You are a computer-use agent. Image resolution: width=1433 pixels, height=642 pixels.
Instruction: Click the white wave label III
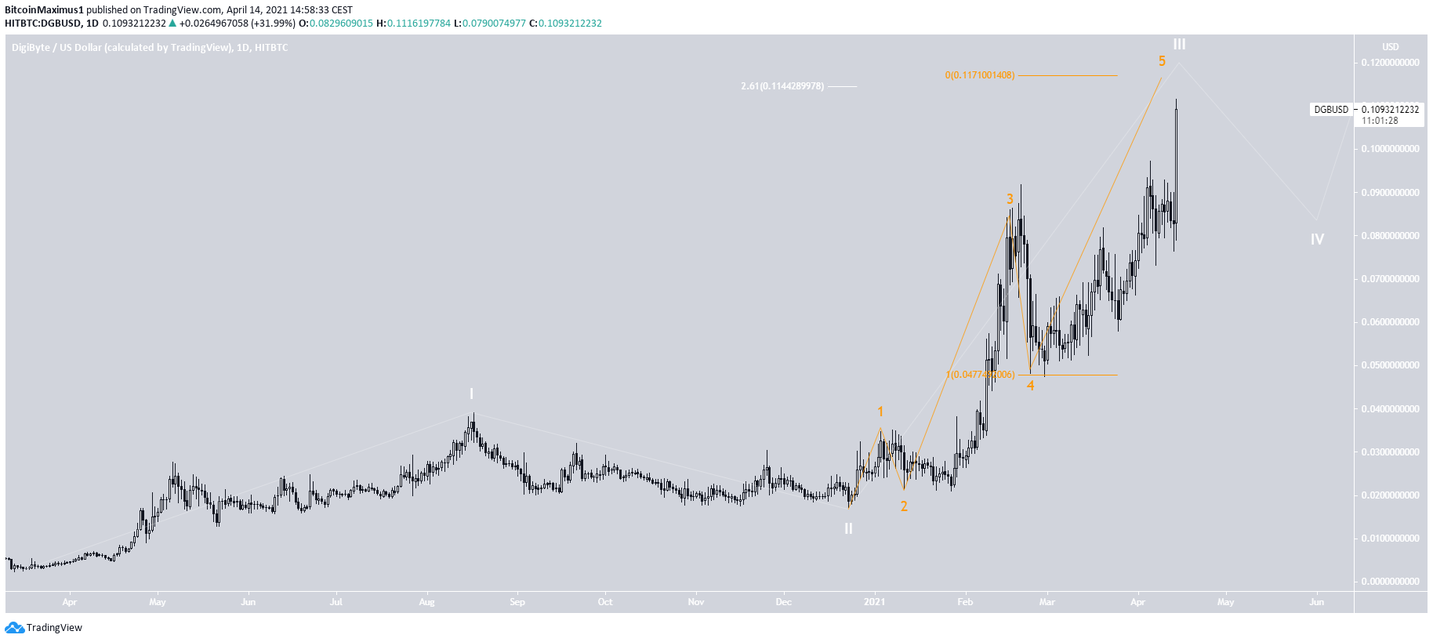pos(1179,45)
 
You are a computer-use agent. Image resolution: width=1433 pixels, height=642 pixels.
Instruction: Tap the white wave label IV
pos(1317,240)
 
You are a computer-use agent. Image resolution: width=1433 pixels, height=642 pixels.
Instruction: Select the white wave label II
pos(848,529)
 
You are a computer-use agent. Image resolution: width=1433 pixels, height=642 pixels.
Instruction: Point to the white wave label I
pos(471,394)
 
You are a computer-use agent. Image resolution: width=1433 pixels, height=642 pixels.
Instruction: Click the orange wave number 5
pos(1162,61)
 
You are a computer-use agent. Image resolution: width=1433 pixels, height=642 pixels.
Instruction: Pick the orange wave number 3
pos(1010,199)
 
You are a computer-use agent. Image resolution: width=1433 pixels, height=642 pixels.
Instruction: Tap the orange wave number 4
pos(1030,386)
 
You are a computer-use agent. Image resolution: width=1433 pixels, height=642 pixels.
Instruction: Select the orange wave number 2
pos(904,506)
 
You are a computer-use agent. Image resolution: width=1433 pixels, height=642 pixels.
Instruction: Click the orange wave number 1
pos(880,412)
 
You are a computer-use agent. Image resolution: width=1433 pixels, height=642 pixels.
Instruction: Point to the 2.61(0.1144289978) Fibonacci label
pos(782,86)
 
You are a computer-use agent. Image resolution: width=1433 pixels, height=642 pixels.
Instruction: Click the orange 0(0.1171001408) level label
pos(979,75)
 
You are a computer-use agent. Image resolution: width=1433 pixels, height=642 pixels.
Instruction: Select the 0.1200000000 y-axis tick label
pos(1390,63)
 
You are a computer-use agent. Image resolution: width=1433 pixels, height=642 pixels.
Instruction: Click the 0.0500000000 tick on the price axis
pos(1390,365)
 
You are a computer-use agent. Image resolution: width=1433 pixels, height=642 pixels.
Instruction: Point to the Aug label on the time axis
pos(426,602)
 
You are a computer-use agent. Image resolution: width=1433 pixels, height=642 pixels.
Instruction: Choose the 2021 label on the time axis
pos(874,602)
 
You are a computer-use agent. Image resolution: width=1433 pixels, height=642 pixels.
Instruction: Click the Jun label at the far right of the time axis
pos(1316,602)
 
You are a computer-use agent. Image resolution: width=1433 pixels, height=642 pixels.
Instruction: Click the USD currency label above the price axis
pos(1390,47)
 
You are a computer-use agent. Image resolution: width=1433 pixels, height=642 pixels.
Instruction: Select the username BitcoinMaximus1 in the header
pos(44,10)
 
